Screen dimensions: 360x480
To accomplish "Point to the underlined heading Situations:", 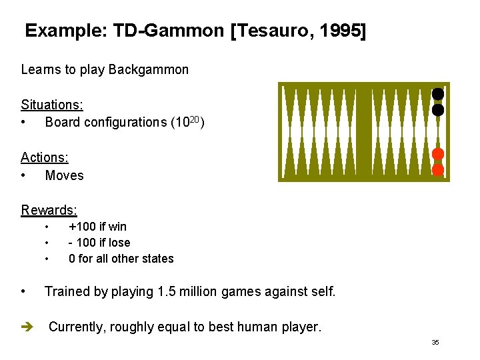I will (51, 105).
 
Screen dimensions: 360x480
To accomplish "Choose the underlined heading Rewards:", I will (49, 211).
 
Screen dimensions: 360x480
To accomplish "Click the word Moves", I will (64, 175).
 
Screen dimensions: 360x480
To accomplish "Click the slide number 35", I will (435, 343).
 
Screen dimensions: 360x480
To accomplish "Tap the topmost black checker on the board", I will (438, 95).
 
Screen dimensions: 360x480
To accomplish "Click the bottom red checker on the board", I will (438, 169).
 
